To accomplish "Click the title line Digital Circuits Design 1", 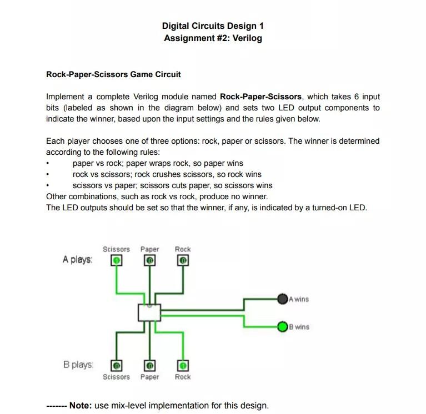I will pyautogui.click(x=213, y=26).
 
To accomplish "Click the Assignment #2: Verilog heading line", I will pyautogui.click(x=213, y=38).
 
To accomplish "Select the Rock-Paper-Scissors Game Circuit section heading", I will pyautogui.click(x=113, y=74).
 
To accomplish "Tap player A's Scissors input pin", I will pyautogui.click(x=116, y=260).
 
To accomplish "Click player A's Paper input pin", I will pyautogui.click(x=149, y=260).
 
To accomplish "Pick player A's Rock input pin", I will pyautogui.click(x=183, y=260).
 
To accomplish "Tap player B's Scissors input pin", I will pyautogui.click(x=116, y=366).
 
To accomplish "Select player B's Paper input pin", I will pyautogui.click(x=149, y=366).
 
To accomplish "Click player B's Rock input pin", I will pyautogui.click(x=183, y=366).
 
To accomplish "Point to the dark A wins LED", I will pyautogui.click(x=283, y=299).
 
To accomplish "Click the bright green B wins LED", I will pyautogui.click(x=283, y=326).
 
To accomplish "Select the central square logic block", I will pyautogui.click(x=149, y=312).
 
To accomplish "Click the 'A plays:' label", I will pyautogui.click(x=78, y=260).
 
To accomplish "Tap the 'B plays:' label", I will pyautogui.click(x=78, y=365).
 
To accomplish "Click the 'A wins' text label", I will pyautogui.click(x=299, y=299).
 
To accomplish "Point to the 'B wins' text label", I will pyautogui.click(x=299, y=327).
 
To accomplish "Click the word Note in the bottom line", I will pyautogui.click(x=80, y=405).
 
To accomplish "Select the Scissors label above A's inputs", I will pyautogui.click(x=116, y=249).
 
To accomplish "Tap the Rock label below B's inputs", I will pyautogui.click(x=183, y=377).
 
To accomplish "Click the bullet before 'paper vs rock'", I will pyautogui.click(x=48, y=164).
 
